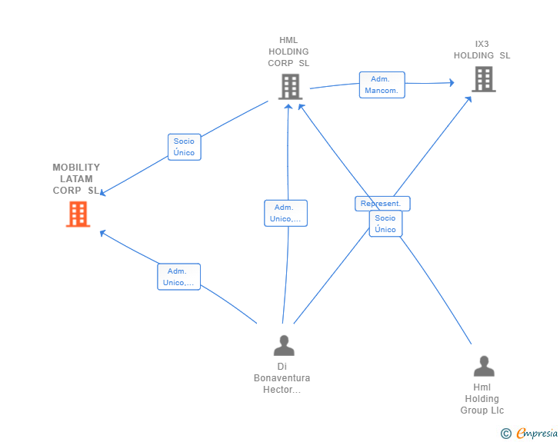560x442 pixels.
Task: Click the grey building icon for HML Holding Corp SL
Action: tap(290, 87)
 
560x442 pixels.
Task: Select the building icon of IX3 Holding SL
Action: tap(483, 79)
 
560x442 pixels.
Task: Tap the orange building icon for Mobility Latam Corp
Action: tap(78, 214)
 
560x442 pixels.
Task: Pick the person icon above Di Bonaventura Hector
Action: tap(284, 346)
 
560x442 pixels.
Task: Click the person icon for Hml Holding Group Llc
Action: tap(483, 366)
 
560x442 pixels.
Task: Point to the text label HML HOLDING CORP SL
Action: tap(288, 52)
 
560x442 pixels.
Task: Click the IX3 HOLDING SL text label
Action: tap(482, 50)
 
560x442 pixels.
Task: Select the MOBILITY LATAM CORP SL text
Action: tap(76, 179)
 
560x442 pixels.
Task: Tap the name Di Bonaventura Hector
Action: tap(282, 378)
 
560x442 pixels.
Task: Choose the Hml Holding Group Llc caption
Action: tap(482, 399)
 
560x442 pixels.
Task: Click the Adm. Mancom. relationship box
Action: tap(382, 85)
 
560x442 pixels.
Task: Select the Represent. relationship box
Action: tap(382, 204)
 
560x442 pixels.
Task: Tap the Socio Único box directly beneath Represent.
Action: tap(385, 224)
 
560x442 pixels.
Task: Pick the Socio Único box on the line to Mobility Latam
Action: tap(184, 147)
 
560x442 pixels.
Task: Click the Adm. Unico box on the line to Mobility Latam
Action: tap(178, 277)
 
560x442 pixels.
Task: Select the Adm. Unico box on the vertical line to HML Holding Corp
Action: tap(285, 213)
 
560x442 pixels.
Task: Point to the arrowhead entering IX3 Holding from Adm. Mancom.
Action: tap(452, 82)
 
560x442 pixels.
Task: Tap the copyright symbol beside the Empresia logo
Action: tap(505, 433)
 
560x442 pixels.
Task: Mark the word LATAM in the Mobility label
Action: tap(76, 179)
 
